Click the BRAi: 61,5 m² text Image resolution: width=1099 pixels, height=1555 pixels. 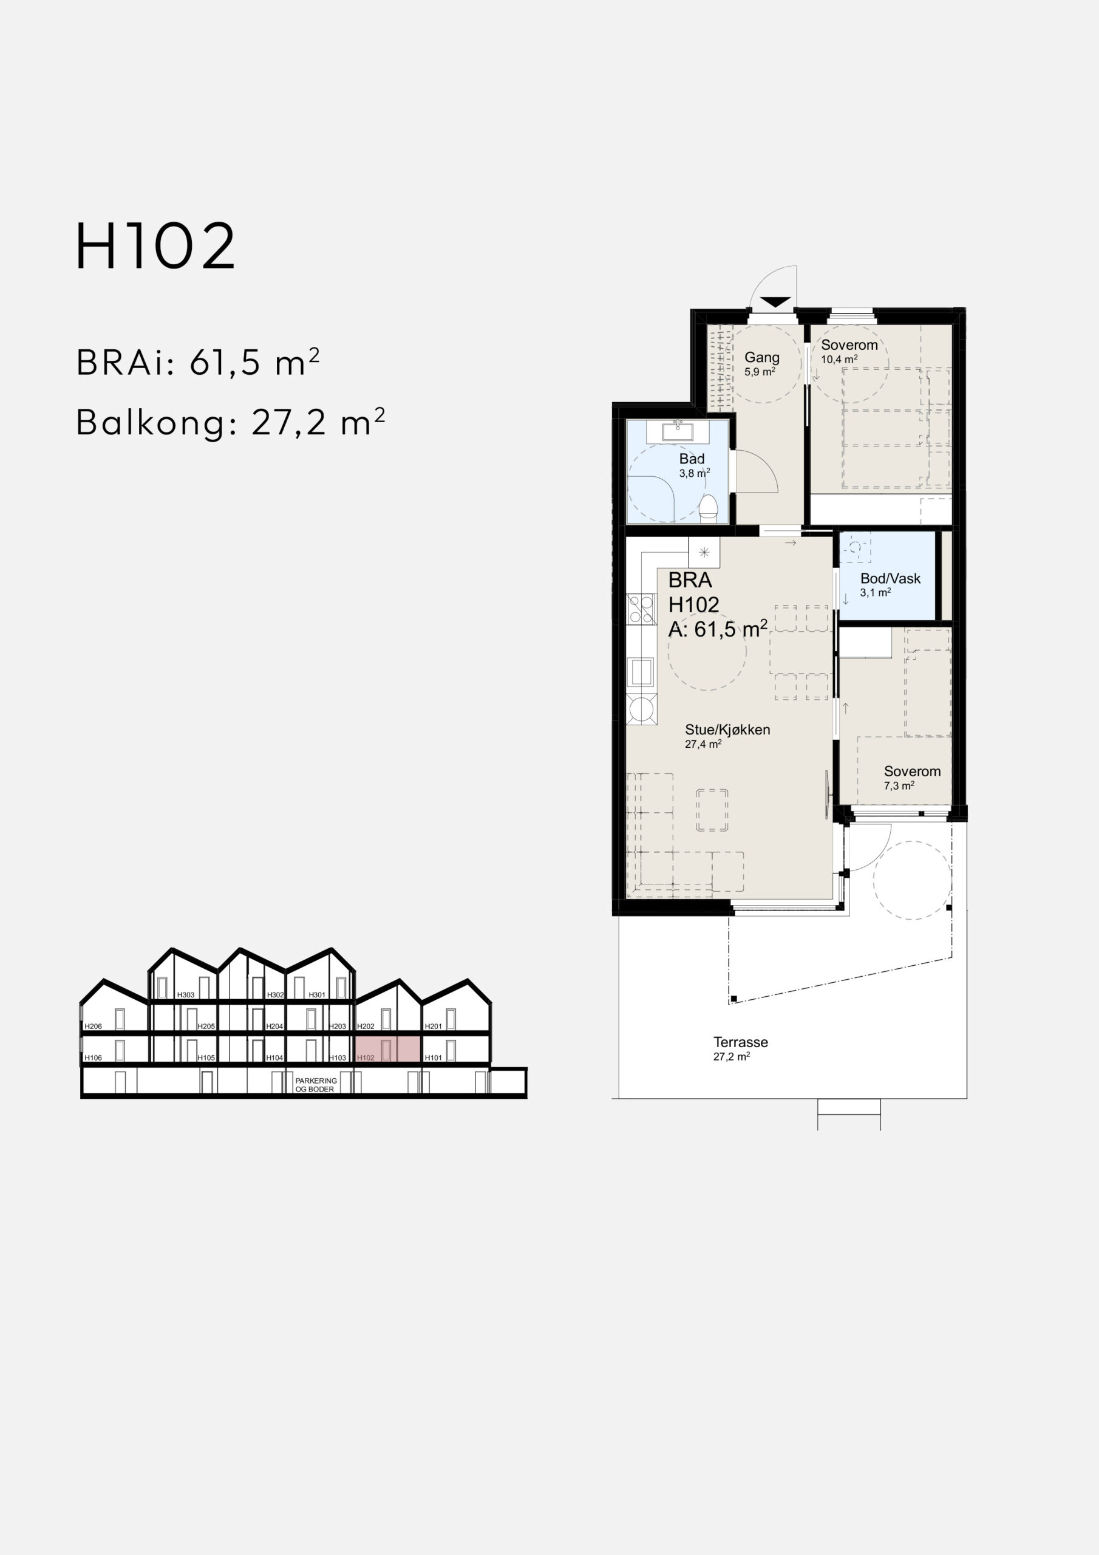pos(198,363)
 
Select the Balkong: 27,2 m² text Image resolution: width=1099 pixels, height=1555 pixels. pos(231,423)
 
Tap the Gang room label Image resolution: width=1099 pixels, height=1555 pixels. pos(762,357)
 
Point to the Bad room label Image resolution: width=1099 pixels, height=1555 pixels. pos(692,459)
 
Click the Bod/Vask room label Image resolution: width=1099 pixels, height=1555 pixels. pos(891,578)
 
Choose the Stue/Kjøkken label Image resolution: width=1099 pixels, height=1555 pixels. pos(727,730)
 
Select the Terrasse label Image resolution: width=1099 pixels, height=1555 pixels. pos(741,1042)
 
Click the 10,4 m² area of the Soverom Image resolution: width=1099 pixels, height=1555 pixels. pos(840,360)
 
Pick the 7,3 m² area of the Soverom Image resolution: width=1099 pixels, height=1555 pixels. pos(899,785)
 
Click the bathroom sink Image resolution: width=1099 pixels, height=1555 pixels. pos(678,431)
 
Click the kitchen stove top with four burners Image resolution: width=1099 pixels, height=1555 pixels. pos(641,608)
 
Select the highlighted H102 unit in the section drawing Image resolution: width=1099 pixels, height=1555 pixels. pos(388,1050)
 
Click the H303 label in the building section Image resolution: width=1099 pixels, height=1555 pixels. pos(186,995)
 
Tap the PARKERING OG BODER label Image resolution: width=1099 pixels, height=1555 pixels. pos(316,1085)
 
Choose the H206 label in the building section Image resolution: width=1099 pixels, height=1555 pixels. pos(94,1027)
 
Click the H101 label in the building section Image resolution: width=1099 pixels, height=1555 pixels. pos(434,1058)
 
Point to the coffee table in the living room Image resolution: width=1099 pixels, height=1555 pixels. pos(712,810)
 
